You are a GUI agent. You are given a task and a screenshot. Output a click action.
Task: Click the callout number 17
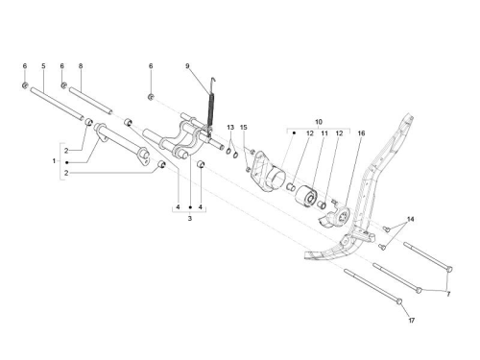[x=412, y=321]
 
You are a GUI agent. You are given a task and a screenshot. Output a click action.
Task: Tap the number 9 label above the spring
[x=187, y=66]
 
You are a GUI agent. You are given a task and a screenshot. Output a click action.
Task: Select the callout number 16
[x=361, y=133]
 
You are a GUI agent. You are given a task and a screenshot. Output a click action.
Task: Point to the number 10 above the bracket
[x=319, y=122]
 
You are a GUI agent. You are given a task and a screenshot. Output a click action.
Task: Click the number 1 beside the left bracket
[x=54, y=161]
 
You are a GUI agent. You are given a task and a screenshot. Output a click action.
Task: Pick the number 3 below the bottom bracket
[x=190, y=219]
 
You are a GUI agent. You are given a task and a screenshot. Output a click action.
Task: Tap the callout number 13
[x=230, y=128]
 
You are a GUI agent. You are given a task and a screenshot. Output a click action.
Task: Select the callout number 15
[x=244, y=128]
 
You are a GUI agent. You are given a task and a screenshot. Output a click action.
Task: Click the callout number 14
[x=410, y=219]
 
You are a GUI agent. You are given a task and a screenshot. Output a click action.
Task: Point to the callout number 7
[x=448, y=294]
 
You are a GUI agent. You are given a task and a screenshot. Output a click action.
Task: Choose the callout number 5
[x=43, y=66]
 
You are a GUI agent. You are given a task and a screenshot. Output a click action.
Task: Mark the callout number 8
[x=81, y=66]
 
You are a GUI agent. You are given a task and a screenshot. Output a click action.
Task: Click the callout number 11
[x=324, y=133]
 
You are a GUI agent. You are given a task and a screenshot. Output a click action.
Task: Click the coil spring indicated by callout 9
[x=211, y=108]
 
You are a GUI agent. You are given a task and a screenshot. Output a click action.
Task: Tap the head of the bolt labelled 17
[x=399, y=301]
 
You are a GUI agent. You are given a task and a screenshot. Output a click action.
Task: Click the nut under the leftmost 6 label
[x=25, y=85]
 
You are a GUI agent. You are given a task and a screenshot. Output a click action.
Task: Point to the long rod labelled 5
[x=57, y=104]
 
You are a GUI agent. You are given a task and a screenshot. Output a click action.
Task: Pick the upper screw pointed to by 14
[x=387, y=228]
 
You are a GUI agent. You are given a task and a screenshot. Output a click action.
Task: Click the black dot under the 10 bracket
[x=294, y=132]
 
